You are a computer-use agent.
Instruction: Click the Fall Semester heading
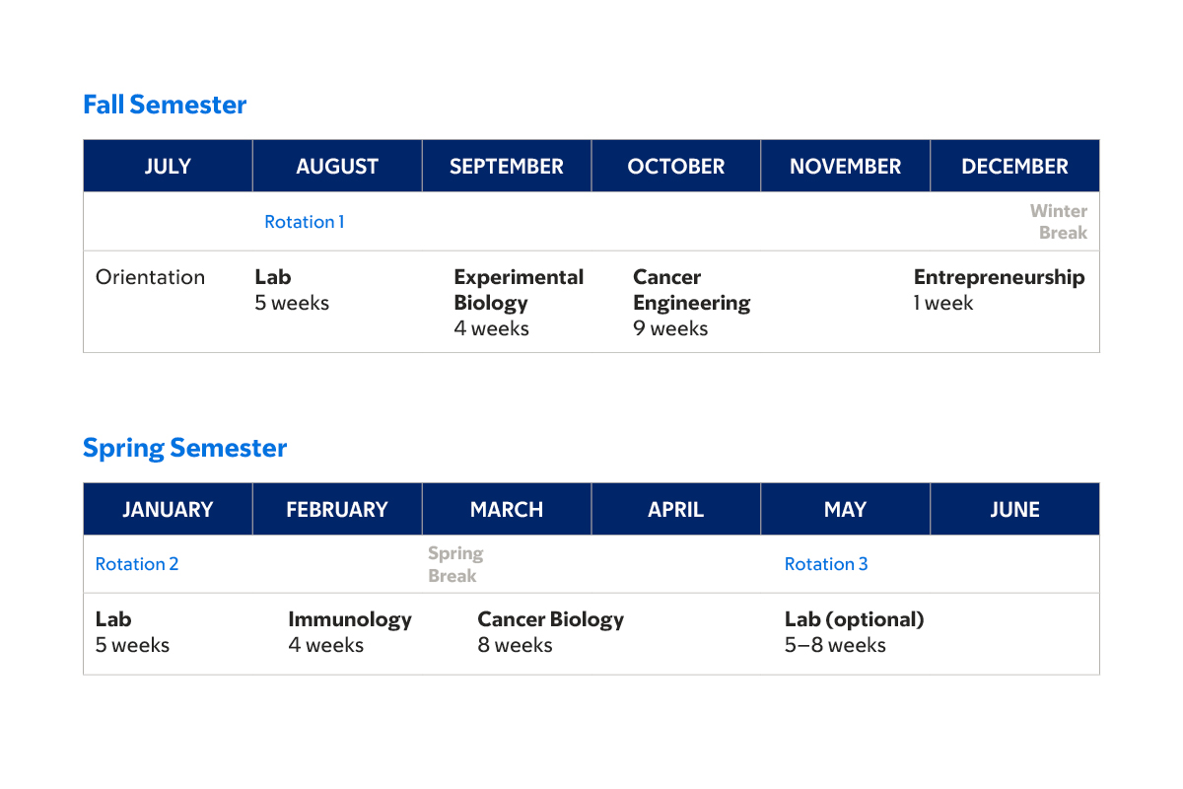click(165, 105)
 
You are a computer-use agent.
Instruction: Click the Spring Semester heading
click(184, 448)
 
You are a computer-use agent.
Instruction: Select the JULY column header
click(168, 167)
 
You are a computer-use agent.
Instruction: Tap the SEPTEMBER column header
click(507, 167)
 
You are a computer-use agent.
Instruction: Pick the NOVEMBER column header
click(845, 167)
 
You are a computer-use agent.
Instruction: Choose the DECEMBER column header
click(1014, 167)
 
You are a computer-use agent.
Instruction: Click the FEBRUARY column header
click(337, 510)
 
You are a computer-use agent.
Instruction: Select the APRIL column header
click(675, 510)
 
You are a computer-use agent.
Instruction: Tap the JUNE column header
click(1014, 510)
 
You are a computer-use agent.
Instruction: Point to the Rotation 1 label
click(304, 222)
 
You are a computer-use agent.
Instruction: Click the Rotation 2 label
click(137, 564)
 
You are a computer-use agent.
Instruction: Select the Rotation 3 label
click(826, 564)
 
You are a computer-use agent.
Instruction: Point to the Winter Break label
click(1060, 222)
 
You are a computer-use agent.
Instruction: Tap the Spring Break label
click(455, 564)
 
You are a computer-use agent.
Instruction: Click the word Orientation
click(150, 277)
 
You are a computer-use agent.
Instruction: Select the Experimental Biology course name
click(519, 290)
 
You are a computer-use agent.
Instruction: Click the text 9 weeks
click(670, 328)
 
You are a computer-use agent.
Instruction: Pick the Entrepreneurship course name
click(999, 277)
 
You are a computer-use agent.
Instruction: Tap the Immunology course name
click(350, 619)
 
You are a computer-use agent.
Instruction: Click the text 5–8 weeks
click(835, 645)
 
